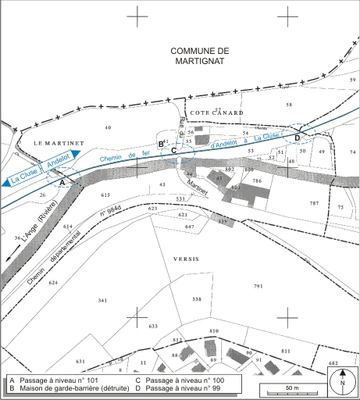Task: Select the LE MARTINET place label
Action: click(x=53, y=142)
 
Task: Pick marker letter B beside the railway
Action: click(x=161, y=145)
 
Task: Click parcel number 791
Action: click(x=258, y=287)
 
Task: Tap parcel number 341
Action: click(x=102, y=300)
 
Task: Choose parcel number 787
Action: click(x=314, y=203)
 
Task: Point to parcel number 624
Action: click(x=53, y=282)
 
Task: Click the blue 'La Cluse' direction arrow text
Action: click(x=23, y=177)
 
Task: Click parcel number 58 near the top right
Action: click(x=289, y=104)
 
